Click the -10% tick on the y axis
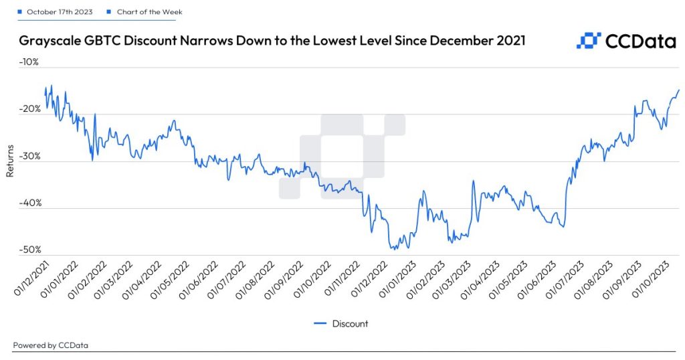pos(31,62)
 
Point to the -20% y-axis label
pos(31,109)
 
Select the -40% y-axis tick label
pos(31,203)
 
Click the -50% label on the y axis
pos(31,250)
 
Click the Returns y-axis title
pos(10,161)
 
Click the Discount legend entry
pos(341,324)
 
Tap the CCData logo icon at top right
pos(588,41)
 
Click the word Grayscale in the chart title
pos(48,41)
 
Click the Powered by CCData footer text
pos(51,345)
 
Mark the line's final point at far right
pos(678,90)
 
